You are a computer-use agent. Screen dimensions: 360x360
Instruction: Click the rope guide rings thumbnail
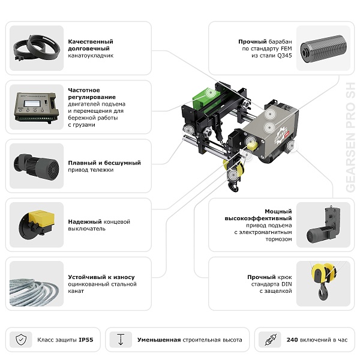click(37, 48)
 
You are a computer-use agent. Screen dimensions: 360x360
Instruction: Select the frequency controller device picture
click(36, 107)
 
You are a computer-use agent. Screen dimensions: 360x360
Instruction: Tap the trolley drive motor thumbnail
click(36, 166)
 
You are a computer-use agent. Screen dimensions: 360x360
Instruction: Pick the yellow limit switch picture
click(37, 224)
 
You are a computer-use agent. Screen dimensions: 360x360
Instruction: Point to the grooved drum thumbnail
click(323, 49)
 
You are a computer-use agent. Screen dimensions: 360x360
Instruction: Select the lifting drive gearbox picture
click(323, 225)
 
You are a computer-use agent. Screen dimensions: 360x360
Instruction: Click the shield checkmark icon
click(21, 340)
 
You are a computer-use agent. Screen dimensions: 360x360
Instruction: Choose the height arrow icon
click(121, 340)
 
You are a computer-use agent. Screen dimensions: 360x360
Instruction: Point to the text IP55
click(86, 340)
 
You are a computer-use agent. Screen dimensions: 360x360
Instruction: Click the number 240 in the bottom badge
click(292, 340)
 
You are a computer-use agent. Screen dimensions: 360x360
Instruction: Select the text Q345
click(284, 56)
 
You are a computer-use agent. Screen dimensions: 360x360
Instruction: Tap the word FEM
click(286, 49)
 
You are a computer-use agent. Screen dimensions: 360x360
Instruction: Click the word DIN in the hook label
click(287, 284)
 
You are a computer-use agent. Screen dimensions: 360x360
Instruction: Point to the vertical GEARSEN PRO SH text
click(350, 137)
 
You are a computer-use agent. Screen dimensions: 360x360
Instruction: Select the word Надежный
click(85, 222)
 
